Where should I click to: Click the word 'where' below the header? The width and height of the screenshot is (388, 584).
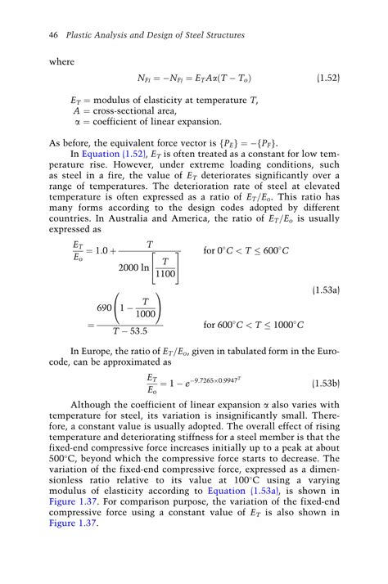62,61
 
